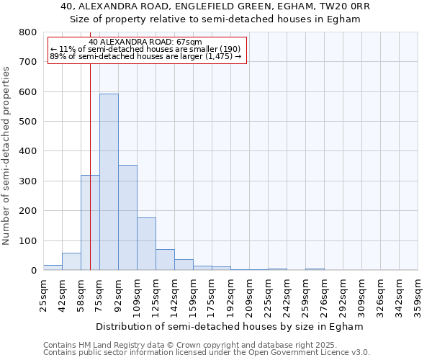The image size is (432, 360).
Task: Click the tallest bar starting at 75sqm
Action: (x=109, y=182)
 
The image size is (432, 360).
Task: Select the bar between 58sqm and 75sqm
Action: (x=90, y=222)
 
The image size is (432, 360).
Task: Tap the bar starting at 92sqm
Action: (x=127, y=217)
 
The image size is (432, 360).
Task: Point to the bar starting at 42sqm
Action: (x=71, y=262)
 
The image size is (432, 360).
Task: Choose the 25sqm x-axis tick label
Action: (x=44, y=295)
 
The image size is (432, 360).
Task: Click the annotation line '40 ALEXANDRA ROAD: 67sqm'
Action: (x=146, y=42)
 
